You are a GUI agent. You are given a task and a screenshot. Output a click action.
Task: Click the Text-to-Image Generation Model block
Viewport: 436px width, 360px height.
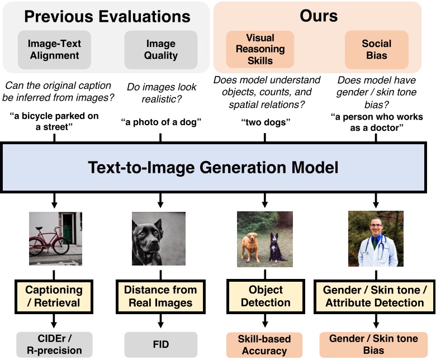pos(217,167)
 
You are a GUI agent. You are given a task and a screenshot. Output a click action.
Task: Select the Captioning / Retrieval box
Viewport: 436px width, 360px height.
pos(54,296)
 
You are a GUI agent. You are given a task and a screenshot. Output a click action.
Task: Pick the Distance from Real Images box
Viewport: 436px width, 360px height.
pos(160,296)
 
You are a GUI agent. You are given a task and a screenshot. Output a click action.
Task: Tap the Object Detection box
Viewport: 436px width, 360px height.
pos(265,296)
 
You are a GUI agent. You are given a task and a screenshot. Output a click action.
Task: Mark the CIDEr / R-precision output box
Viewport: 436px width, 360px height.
pos(55,344)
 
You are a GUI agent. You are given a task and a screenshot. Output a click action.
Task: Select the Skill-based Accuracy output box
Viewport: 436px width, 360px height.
pos(265,344)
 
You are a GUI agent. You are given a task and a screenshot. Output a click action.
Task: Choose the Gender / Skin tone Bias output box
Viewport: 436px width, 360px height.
pos(373,344)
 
